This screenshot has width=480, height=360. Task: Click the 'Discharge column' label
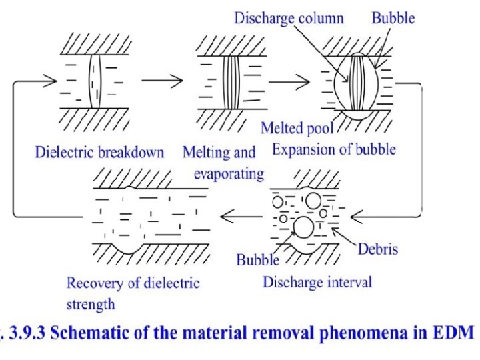[289, 17]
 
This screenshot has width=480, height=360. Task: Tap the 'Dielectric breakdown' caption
[99, 152]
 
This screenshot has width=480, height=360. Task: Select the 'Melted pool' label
[297, 127]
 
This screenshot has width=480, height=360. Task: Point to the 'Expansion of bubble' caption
[334, 149]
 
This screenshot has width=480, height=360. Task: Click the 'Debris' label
[378, 250]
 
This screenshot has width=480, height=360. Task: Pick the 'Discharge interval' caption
[317, 282]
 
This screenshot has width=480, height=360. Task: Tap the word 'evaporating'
[229, 174]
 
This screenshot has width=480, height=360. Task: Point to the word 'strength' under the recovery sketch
[91, 305]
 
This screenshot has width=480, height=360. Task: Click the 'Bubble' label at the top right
[393, 17]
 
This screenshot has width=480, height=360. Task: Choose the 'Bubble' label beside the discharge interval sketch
[257, 259]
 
